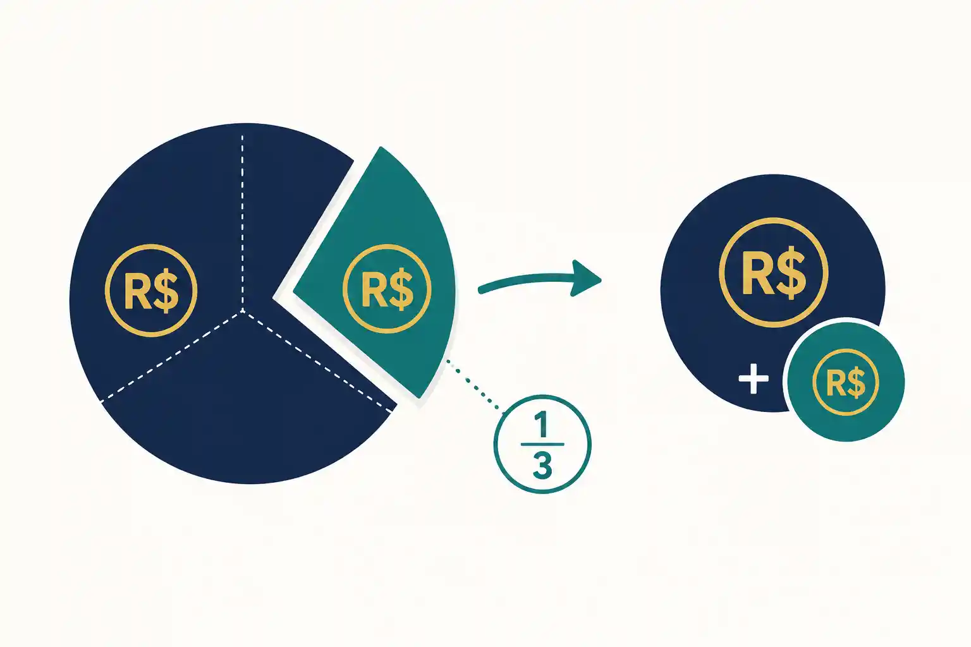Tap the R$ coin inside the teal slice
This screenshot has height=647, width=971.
tap(387, 289)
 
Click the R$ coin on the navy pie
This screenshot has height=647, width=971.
tap(151, 291)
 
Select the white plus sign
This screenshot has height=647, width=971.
tap(754, 378)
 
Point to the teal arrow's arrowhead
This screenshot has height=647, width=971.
tap(585, 278)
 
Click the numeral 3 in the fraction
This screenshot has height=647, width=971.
tap(542, 465)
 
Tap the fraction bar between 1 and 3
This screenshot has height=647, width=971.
tap(542, 444)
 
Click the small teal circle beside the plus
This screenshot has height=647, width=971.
tap(846, 382)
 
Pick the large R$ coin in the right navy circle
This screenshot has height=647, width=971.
tap(773, 272)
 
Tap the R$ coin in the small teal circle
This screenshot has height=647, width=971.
tap(846, 382)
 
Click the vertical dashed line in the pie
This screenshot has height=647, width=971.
tap(242, 222)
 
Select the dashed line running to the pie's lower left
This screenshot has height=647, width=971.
tap(172, 355)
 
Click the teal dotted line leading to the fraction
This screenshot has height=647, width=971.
tap(475, 384)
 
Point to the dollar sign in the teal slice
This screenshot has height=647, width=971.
tap(401, 289)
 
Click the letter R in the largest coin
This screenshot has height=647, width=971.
tap(758, 273)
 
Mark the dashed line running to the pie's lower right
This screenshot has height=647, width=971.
tap(318, 361)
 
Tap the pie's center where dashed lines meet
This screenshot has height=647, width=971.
tap(242, 311)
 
